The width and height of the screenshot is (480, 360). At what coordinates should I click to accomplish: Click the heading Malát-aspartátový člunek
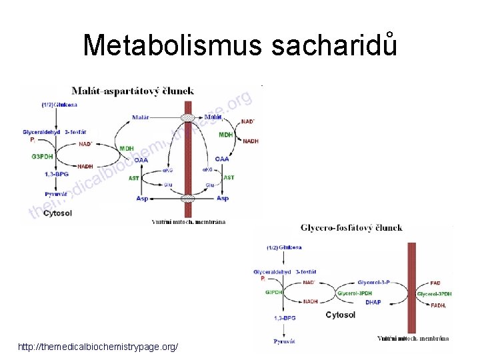pyautogui.click(x=134, y=90)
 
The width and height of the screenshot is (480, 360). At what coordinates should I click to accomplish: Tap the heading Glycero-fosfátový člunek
pyautogui.click(x=352, y=227)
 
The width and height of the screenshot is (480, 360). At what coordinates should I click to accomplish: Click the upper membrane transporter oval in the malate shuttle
pyautogui.click(x=189, y=117)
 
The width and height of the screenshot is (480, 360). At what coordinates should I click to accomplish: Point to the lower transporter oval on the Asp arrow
pyautogui.click(x=189, y=198)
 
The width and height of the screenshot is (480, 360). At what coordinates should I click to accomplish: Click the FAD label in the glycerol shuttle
pyautogui.click(x=435, y=283)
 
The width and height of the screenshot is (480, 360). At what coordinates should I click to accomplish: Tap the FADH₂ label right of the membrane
pyautogui.click(x=438, y=305)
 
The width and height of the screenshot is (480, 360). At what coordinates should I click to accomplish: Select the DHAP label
pyautogui.click(x=373, y=302)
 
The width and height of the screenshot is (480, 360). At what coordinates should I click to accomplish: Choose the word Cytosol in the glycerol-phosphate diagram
pyautogui.click(x=340, y=315)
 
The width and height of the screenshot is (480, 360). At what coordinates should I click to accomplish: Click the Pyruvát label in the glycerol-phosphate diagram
pyautogui.click(x=283, y=341)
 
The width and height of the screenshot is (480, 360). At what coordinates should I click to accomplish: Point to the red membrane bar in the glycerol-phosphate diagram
pyautogui.click(x=411, y=287)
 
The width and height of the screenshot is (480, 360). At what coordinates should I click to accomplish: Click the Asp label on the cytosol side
pyautogui.click(x=141, y=198)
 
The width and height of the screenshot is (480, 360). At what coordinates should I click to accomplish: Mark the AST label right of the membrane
pyautogui.click(x=229, y=177)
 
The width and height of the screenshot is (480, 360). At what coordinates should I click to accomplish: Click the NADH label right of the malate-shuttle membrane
pyautogui.click(x=251, y=141)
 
